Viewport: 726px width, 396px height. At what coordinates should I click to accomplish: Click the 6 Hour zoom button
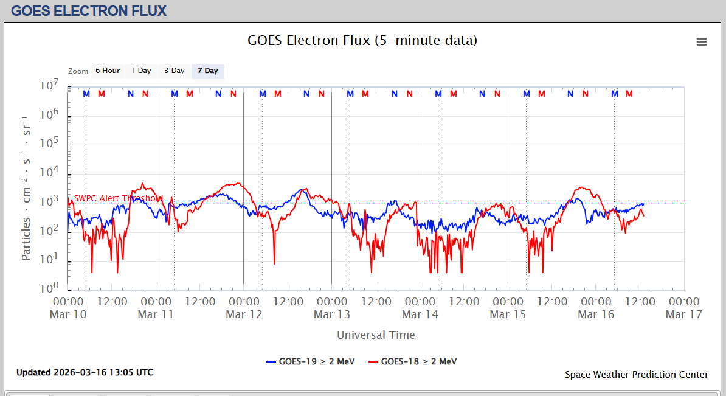click(107, 71)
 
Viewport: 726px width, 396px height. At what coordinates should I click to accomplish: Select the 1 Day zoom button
click(141, 71)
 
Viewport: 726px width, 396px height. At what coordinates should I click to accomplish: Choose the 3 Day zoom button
click(175, 71)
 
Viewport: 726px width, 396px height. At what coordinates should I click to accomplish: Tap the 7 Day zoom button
click(208, 71)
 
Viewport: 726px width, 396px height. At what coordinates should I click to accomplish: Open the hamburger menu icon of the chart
click(702, 41)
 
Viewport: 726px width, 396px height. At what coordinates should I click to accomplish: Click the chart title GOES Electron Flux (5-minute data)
click(362, 41)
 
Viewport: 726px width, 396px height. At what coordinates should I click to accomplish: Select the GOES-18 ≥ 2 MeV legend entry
click(413, 361)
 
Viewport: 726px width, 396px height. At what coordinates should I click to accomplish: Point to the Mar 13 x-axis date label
click(332, 314)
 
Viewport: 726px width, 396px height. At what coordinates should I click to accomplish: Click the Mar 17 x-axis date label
click(684, 314)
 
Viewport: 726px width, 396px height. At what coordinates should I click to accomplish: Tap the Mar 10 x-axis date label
click(68, 314)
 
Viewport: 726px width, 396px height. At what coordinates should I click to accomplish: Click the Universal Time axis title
click(376, 335)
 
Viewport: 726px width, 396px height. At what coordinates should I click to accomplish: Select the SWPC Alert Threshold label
click(119, 198)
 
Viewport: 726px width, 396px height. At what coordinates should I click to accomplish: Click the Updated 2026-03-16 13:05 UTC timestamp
click(85, 372)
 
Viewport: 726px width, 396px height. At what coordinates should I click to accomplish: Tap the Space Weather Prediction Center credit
click(636, 375)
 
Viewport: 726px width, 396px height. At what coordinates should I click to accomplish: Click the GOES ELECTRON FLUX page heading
click(89, 10)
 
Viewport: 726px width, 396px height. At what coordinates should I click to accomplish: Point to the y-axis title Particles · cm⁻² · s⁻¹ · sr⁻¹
click(26, 188)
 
